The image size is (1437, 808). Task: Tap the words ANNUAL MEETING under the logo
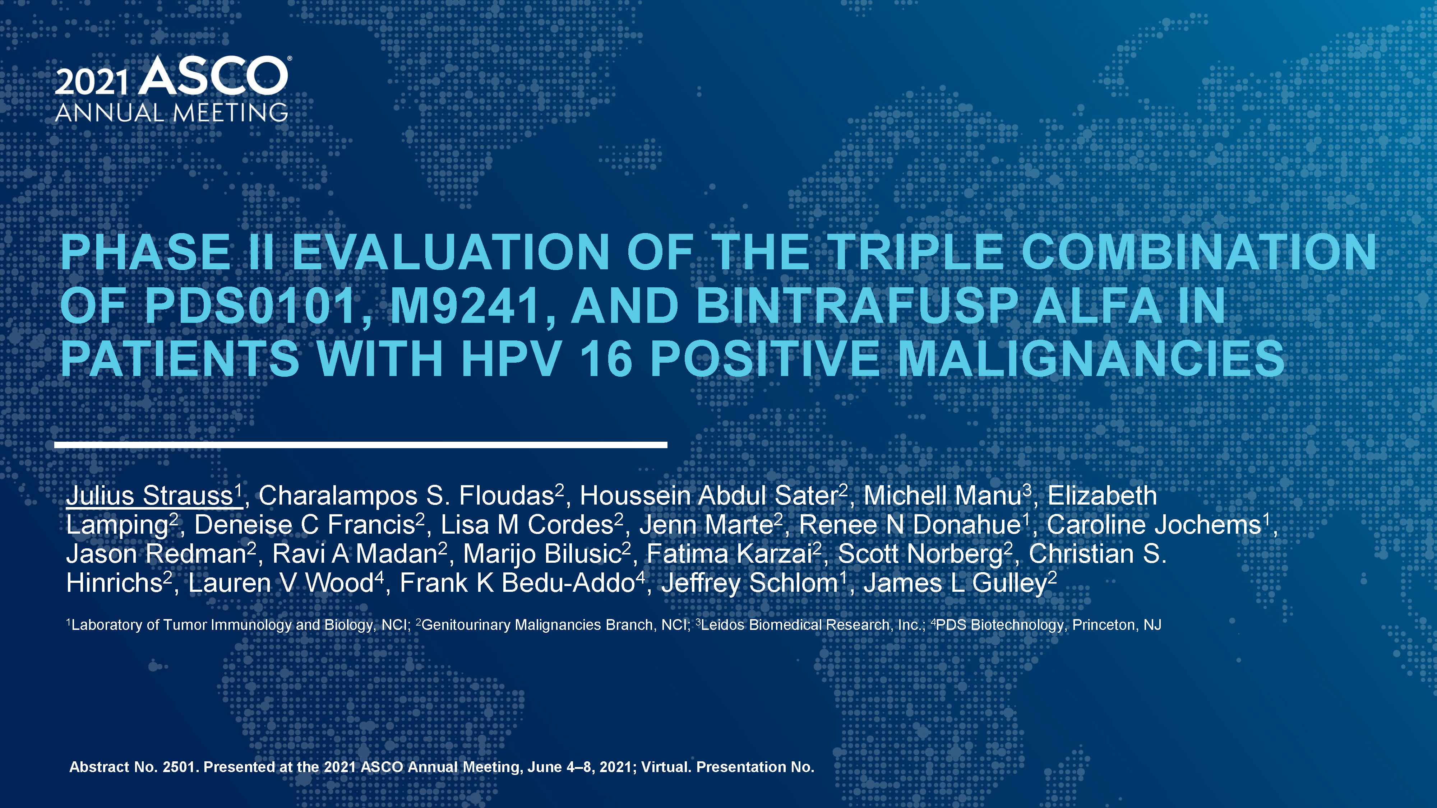coord(172,113)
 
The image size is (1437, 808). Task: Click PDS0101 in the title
coord(250,306)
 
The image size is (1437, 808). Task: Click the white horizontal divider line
coord(361,445)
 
